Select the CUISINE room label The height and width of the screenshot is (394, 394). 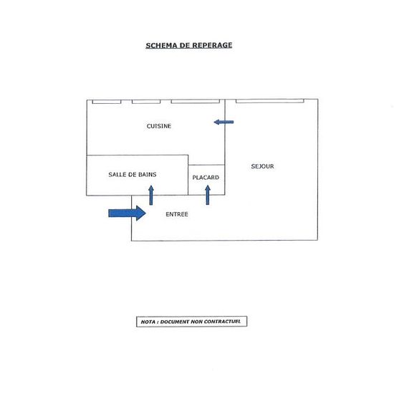[x=159, y=126]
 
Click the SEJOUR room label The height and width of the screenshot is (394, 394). [x=262, y=166]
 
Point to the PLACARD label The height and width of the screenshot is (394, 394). [x=206, y=178]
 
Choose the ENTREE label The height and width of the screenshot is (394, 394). [x=177, y=214]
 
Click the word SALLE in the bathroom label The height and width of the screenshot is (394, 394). [x=117, y=174]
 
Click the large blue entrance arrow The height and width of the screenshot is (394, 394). [x=127, y=213]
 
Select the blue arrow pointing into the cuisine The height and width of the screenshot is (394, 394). [x=224, y=122]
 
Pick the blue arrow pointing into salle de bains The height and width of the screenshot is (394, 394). [x=151, y=196]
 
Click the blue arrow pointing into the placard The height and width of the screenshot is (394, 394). [x=208, y=195]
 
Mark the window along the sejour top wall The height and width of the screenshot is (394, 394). [x=270, y=101]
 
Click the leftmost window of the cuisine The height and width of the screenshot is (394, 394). [x=107, y=102]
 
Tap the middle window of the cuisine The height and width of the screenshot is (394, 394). [x=146, y=102]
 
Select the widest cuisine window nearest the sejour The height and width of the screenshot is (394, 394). [x=196, y=102]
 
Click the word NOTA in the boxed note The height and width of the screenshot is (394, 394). [x=148, y=322]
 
